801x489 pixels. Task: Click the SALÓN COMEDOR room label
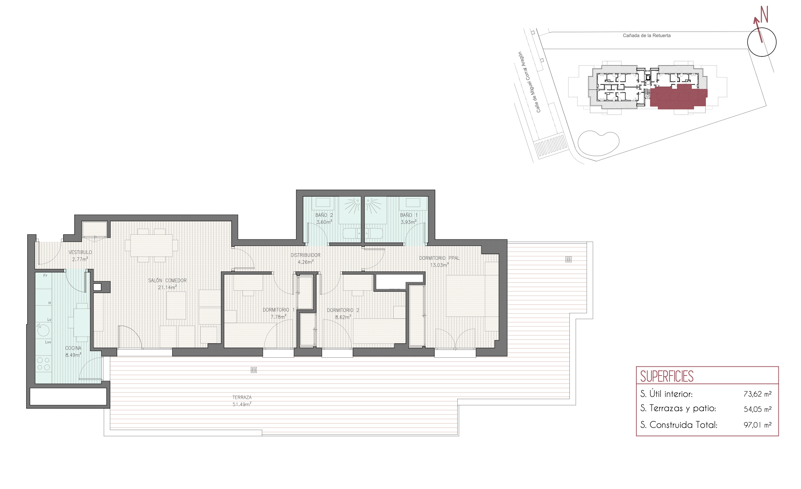click(167, 281)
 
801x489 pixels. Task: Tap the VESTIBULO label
click(80, 252)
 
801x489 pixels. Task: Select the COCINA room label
click(73, 348)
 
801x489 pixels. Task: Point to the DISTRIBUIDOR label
click(305, 255)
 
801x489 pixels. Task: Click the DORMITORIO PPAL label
click(439, 258)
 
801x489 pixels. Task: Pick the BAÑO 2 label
click(324, 215)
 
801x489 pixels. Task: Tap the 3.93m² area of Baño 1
click(409, 222)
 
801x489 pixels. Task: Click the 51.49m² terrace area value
click(242, 404)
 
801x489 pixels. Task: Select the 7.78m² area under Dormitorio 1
click(278, 317)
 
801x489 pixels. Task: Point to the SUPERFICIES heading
click(667, 377)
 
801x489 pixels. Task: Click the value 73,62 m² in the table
click(757, 394)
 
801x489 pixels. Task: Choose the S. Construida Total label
click(679, 425)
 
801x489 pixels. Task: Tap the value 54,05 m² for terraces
click(757, 409)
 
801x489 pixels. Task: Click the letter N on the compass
click(764, 14)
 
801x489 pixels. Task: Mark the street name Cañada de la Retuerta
click(647, 36)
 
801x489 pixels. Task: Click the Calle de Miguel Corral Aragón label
click(530, 82)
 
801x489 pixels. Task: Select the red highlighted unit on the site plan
click(678, 97)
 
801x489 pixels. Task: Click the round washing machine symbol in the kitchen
click(43, 330)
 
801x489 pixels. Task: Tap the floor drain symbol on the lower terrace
click(254, 370)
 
